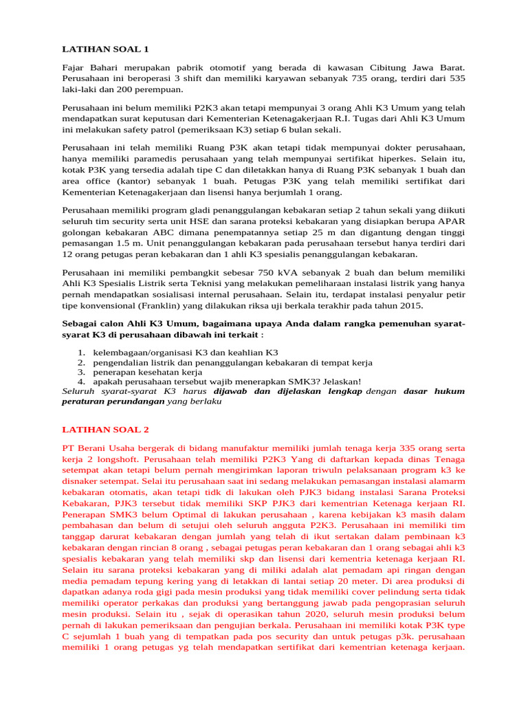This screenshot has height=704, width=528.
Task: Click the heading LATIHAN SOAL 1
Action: coord(105,49)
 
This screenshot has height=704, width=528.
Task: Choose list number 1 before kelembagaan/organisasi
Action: coord(80,352)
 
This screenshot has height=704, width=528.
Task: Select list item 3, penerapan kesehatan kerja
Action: coord(143,371)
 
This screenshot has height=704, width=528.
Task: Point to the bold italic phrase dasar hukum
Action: coord(434,390)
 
